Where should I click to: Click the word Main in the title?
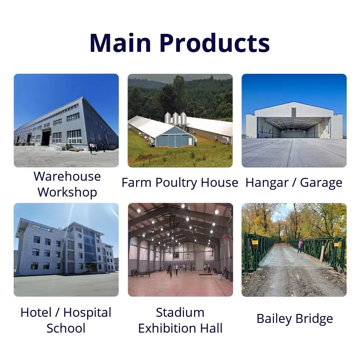coord(120,43)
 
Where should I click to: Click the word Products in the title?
coord(215,43)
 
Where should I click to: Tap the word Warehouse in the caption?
coord(67,176)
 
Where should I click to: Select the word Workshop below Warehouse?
coord(67,192)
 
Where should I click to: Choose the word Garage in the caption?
coord(321,183)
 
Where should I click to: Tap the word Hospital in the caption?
coord(87,312)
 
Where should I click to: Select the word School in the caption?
coord(66,328)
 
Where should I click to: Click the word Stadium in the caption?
coord(180,312)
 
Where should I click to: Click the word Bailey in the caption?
coord(274,319)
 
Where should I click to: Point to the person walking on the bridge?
coord(301,246)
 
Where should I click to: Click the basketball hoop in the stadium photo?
coord(227,238)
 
